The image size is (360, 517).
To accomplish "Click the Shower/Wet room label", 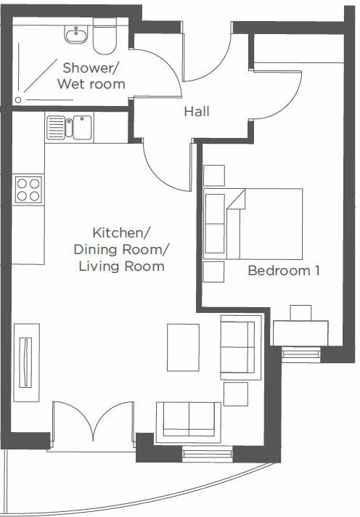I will pyautogui.click(x=94, y=76).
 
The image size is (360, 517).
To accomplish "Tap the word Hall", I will pyautogui.click(x=196, y=112).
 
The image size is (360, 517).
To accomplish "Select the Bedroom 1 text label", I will pyautogui.click(x=284, y=271).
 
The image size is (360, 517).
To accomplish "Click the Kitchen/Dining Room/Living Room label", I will pyautogui.click(x=128, y=250).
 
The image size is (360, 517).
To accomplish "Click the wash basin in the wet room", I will pyautogui.click(x=75, y=34).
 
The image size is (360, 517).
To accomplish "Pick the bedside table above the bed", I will pyautogui.click(x=214, y=175).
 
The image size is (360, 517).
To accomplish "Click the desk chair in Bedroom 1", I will pyautogui.click(x=300, y=312).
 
